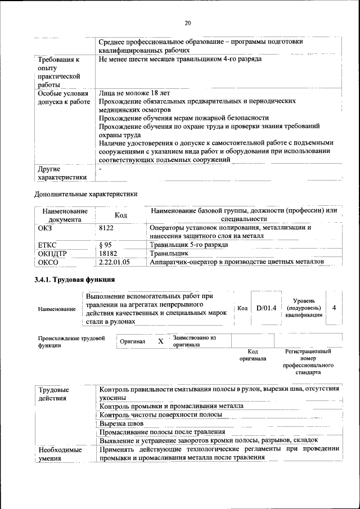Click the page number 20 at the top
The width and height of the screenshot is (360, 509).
(x=188, y=23)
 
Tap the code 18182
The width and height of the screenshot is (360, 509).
(x=107, y=254)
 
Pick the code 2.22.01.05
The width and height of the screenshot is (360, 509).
(x=114, y=262)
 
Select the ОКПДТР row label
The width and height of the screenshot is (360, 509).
(x=52, y=254)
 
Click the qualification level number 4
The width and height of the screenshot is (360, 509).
(x=334, y=308)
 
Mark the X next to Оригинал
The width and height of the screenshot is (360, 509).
(x=160, y=341)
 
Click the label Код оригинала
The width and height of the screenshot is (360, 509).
(x=253, y=354)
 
